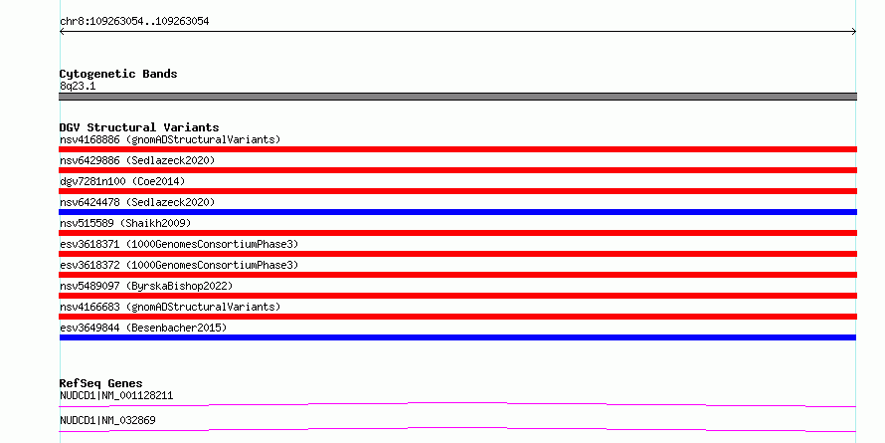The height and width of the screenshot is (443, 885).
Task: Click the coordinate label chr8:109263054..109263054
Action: (134, 22)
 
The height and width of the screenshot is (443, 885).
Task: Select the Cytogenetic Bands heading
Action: (118, 74)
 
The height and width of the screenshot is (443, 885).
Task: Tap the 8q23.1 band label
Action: (78, 86)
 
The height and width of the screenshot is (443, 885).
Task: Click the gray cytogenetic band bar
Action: (457, 97)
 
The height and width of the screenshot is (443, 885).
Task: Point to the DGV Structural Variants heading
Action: (139, 127)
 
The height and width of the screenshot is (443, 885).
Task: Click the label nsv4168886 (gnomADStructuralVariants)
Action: (170, 139)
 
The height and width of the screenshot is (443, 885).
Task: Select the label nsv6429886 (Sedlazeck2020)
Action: (137, 160)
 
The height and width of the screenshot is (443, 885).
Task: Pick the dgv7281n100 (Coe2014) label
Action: (122, 181)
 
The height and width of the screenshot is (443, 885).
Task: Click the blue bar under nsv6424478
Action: (457, 212)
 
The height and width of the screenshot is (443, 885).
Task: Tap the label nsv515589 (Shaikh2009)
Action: (125, 223)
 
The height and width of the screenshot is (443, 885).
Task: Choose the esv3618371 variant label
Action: (179, 244)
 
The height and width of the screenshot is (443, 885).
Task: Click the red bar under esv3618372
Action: (457, 275)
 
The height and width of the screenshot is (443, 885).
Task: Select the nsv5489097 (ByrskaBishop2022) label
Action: (146, 286)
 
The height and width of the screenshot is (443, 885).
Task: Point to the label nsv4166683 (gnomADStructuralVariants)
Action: (170, 307)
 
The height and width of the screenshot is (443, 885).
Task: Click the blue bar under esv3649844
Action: (457, 337)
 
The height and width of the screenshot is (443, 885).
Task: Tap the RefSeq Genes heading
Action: (100, 383)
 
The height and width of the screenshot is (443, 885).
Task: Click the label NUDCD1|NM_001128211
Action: (116, 395)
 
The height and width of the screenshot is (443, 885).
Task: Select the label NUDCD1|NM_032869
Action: (107, 420)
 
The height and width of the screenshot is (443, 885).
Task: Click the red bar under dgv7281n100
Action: (457, 191)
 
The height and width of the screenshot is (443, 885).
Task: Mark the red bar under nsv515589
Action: (457, 233)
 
